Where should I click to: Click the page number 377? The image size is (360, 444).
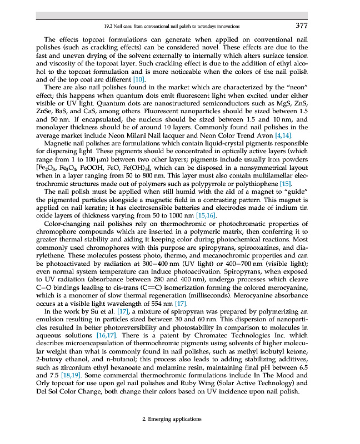(302, 26)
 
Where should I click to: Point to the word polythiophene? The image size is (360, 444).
(251, 183)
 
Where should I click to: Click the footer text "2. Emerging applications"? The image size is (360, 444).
(172, 419)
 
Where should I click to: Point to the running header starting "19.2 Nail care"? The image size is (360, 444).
(172, 26)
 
